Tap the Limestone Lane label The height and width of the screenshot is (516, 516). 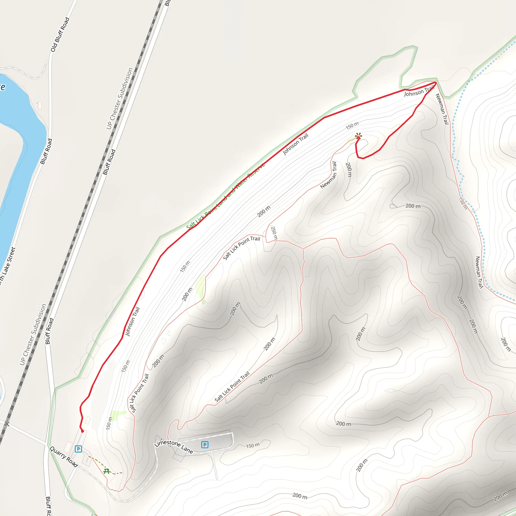(x=174, y=446)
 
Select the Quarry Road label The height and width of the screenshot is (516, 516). (x=64, y=457)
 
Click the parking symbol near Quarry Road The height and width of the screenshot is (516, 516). (x=78, y=449)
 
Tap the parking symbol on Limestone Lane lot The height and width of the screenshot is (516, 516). (x=205, y=444)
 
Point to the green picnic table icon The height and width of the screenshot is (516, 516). (x=107, y=471)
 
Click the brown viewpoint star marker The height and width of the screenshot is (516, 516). (x=359, y=137)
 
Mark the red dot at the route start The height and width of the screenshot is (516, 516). (x=83, y=431)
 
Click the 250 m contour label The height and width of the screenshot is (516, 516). (x=274, y=233)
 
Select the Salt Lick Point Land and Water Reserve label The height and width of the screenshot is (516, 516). (x=226, y=196)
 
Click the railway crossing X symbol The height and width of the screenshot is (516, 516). (x=7, y=424)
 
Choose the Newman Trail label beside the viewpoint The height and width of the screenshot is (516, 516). (x=329, y=175)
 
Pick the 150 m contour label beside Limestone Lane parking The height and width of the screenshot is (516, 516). (x=253, y=445)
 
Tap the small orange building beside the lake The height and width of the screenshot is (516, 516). (x=40, y=106)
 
